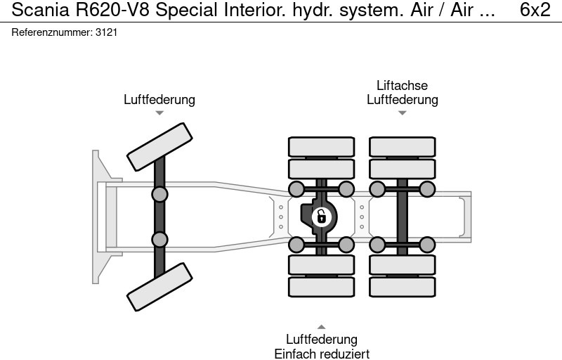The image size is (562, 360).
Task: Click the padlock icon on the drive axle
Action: [321, 216]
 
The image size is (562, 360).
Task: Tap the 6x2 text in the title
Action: [535, 10]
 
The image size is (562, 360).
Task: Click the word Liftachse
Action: [402, 86]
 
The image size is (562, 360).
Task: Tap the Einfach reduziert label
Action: [321, 354]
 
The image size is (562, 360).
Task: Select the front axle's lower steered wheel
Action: [159, 287]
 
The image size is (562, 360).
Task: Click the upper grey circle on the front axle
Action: [160, 194]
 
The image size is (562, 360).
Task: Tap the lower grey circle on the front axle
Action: [160, 239]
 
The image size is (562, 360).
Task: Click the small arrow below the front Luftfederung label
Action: [159, 112]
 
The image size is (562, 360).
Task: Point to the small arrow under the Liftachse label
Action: [402, 112]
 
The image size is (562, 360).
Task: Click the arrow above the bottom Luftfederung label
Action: [321, 327]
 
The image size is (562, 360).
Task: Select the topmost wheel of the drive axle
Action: [321, 146]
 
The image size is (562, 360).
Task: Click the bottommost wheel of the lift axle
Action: [403, 287]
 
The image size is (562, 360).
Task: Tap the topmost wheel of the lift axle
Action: [403, 146]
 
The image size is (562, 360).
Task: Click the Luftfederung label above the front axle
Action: [159, 99]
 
